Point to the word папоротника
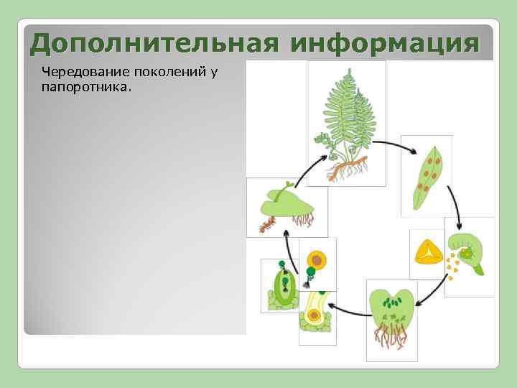(85, 86)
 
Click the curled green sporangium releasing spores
(470, 251)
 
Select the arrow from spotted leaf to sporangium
(455, 202)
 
